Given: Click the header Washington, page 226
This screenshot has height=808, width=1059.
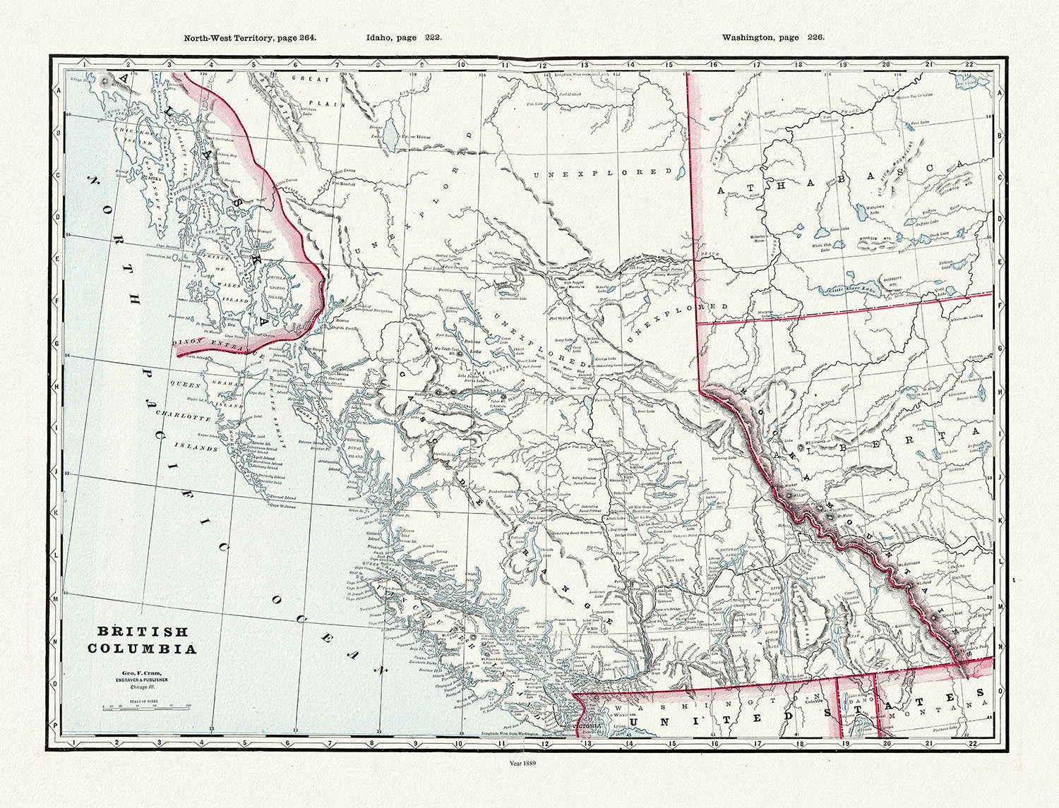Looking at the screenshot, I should (x=773, y=38).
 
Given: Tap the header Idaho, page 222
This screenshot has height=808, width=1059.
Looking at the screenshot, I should (x=404, y=38).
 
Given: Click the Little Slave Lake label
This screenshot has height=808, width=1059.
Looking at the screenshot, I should (x=856, y=289).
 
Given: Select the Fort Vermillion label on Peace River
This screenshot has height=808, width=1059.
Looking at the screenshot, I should (x=829, y=120).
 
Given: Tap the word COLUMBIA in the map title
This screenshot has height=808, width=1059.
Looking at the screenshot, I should (x=143, y=649).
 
